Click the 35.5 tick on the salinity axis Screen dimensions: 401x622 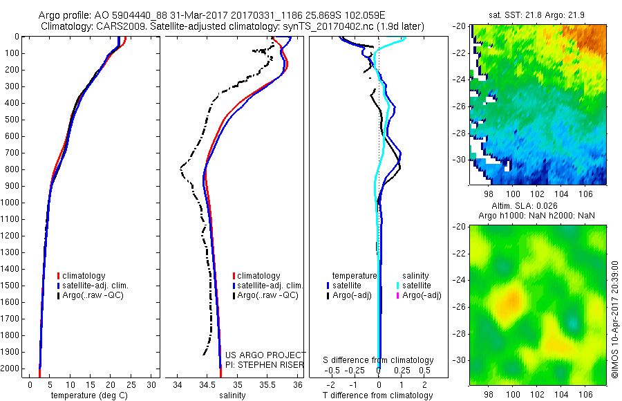point(267,384)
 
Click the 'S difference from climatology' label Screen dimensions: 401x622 point(379,360)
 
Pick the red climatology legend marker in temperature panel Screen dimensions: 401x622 point(59,276)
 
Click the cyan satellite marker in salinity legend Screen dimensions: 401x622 point(397,286)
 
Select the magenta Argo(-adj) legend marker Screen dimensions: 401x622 point(397,295)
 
